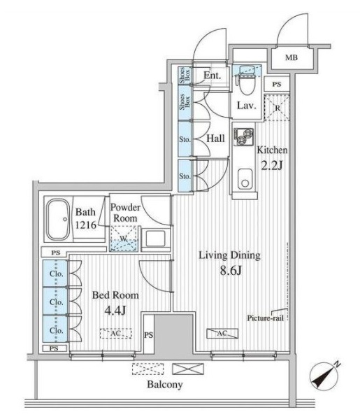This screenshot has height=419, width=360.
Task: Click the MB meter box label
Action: click(291, 57)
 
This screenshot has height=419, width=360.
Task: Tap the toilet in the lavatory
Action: click(247, 83)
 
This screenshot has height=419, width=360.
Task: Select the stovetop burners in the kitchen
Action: click(243, 136)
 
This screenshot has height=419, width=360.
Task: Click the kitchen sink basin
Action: click(245, 179)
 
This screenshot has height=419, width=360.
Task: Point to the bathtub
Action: click(58, 220)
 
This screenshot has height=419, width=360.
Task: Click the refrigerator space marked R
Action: click(277, 108)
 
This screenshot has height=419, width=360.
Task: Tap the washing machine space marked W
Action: click(124, 239)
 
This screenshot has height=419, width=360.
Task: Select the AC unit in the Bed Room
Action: click(116, 334)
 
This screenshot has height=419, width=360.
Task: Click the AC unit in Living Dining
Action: click(222, 333)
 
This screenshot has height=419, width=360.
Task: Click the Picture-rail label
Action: click(265, 318)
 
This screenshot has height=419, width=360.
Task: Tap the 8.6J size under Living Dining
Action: click(230, 271)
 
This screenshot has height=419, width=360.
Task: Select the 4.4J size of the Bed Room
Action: click(115, 311)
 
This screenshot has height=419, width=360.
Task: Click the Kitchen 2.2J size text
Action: click(272, 166)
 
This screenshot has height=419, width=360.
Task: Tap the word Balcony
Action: click(165, 385)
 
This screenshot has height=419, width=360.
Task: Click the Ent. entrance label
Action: click(213, 76)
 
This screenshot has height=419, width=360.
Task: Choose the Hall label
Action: click(216, 139)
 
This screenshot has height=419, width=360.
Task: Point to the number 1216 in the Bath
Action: click(85, 225)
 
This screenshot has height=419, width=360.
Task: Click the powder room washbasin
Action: click(155, 239)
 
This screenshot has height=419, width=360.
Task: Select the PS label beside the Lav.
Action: click(277, 85)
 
